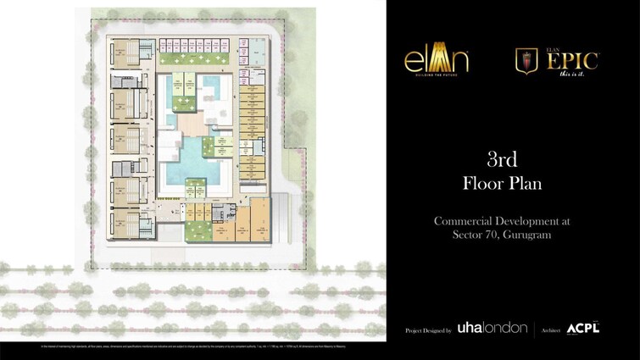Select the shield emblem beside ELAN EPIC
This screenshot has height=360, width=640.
(x=527, y=60)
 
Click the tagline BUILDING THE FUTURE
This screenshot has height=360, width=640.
(x=436, y=75)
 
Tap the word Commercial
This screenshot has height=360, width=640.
(x=465, y=220)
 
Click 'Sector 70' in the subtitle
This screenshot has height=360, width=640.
(x=471, y=234)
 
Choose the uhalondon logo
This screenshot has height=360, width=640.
(x=492, y=328)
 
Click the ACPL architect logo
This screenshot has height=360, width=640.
(x=583, y=328)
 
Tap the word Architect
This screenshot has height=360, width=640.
(x=551, y=330)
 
